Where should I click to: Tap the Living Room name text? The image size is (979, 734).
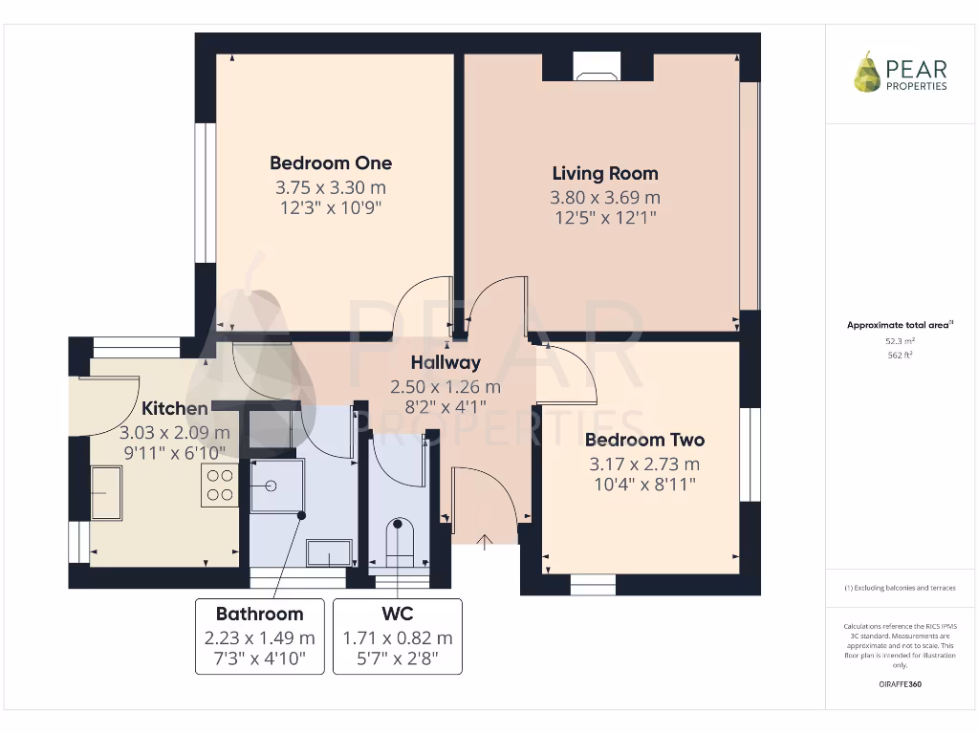tap(604, 173)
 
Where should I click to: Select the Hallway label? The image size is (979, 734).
tap(445, 363)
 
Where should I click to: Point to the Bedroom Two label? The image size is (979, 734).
tap(644, 440)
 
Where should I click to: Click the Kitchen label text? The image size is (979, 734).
tap(175, 409)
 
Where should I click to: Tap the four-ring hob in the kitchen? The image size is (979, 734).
tap(219, 485)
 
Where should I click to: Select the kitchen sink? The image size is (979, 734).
tap(105, 492)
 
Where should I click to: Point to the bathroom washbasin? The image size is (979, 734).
tap(329, 552)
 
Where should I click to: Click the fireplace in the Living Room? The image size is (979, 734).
tap(597, 65)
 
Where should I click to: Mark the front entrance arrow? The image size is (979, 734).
tap(484, 543)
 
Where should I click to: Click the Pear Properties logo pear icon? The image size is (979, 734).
tap(867, 73)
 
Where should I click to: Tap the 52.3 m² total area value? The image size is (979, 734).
tap(899, 340)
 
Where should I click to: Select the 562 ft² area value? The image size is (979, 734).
tap(899, 355)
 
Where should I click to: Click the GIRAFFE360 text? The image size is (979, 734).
tap(899, 684)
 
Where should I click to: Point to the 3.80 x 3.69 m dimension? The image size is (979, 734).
tap(604, 198)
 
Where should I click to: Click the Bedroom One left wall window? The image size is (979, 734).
tap(202, 191)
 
